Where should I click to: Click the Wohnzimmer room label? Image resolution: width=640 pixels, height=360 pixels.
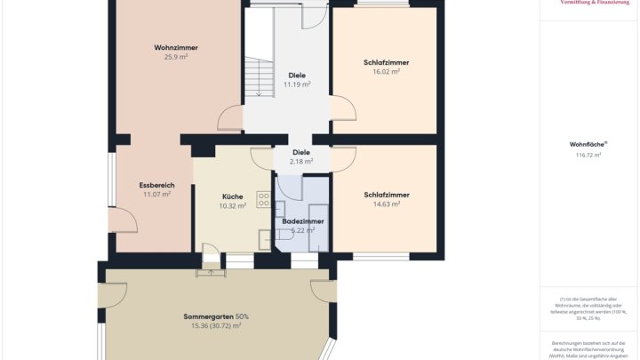(175, 47)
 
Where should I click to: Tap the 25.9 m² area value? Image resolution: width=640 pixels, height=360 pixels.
(175, 57)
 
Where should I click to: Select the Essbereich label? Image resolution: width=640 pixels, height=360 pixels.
(156, 184)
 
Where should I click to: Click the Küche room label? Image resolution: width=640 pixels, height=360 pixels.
(232, 196)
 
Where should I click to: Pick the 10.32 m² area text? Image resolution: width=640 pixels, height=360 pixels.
(232, 206)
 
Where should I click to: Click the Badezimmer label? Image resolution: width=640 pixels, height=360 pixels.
(303, 220)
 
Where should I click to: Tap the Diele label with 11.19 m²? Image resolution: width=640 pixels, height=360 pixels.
(297, 75)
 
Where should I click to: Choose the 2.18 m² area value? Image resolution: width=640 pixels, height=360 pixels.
(301, 162)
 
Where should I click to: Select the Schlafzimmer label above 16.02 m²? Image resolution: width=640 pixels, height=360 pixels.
(386, 62)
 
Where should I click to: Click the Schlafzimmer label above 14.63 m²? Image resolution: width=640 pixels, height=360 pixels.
(386, 194)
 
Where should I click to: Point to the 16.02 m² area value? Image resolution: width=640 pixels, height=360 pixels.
(386, 72)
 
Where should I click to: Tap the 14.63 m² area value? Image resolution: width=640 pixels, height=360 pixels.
(386, 204)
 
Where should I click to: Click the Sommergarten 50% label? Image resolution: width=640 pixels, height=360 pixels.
(216, 316)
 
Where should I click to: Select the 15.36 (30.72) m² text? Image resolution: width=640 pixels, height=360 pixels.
(216, 326)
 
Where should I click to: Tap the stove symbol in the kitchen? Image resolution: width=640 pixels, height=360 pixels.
(263, 199)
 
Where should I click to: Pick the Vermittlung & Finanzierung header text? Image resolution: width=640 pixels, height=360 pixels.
(595, 4)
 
